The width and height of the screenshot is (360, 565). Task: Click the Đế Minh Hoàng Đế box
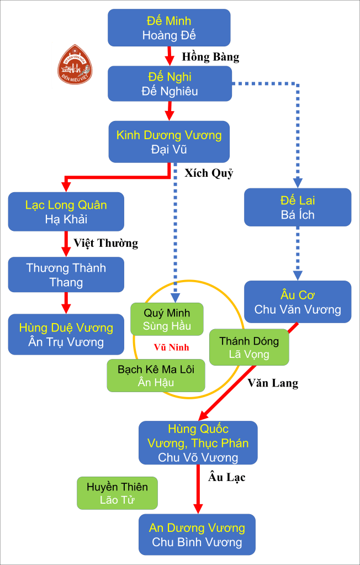pos(169,28)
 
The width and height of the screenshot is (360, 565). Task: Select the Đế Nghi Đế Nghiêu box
pos(169,84)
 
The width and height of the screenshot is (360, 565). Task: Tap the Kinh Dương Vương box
pos(169,142)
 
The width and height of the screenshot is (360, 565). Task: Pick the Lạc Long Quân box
pos(66,212)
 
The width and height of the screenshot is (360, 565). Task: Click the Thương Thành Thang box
pos(66,275)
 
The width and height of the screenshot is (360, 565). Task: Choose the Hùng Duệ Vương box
pos(66,335)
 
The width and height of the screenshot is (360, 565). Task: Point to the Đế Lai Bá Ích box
pos(298,207)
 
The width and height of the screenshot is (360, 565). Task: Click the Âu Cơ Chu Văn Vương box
pos(298,302)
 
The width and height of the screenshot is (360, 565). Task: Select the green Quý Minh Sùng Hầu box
pos(167,319)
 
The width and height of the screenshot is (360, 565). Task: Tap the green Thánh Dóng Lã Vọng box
pos(249,347)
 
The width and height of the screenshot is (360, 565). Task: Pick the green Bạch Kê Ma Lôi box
pos(156,375)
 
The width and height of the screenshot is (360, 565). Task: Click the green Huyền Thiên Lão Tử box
pos(117,494)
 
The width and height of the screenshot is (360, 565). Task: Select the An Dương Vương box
pos(197,535)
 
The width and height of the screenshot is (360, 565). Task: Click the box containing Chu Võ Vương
pos(198,443)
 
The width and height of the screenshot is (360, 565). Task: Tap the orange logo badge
pos(75,65)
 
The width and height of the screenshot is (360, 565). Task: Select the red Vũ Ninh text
pos(171,347)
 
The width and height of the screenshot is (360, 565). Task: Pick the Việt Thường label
pos(105,243)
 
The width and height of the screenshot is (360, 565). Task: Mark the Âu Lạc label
pos(227,477)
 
